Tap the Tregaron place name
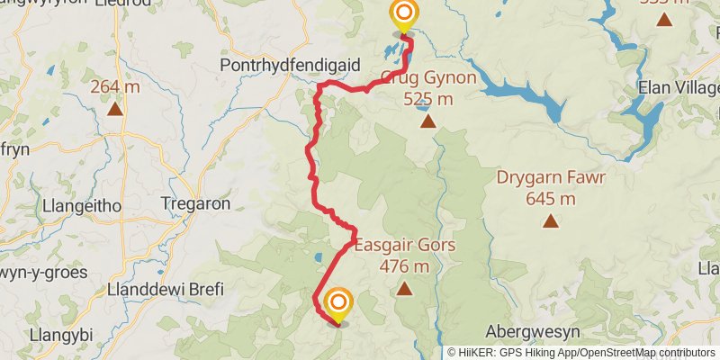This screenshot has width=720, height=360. [195, 204]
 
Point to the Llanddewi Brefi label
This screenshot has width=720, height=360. [165, 290]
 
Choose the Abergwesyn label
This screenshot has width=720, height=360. [528, 329]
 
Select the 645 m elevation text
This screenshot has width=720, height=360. [550, 198]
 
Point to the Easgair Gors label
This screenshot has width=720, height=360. [404, 246]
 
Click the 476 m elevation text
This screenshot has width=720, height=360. [404, 266]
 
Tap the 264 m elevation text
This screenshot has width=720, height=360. [115, 87]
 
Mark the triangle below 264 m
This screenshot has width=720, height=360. [115, 109]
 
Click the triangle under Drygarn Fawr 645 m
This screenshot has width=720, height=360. [550, 220]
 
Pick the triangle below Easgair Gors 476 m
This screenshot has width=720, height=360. [404, 289]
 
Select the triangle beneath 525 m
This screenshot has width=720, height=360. [427, 121]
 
